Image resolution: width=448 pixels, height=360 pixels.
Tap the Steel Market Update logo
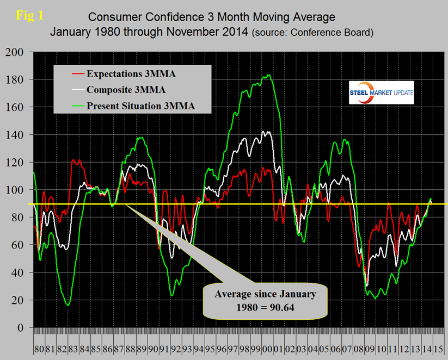[381, 92]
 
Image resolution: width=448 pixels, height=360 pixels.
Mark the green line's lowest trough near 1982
[68, 305]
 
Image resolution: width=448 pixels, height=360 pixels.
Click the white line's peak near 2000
[267, 131]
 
